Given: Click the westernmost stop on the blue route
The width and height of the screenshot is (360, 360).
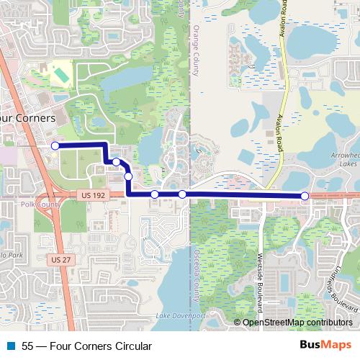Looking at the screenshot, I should tap(55, 145).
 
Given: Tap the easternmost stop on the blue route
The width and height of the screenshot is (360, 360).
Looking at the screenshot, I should tap(305, 196).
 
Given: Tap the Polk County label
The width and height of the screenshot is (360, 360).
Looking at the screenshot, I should tap(19, 204).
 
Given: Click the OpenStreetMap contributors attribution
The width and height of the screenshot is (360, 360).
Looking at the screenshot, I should tap(297, 323).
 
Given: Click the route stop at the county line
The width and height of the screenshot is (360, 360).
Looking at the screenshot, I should tap(182, 194).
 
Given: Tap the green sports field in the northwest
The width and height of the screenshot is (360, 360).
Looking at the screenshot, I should tap(61, 73).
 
